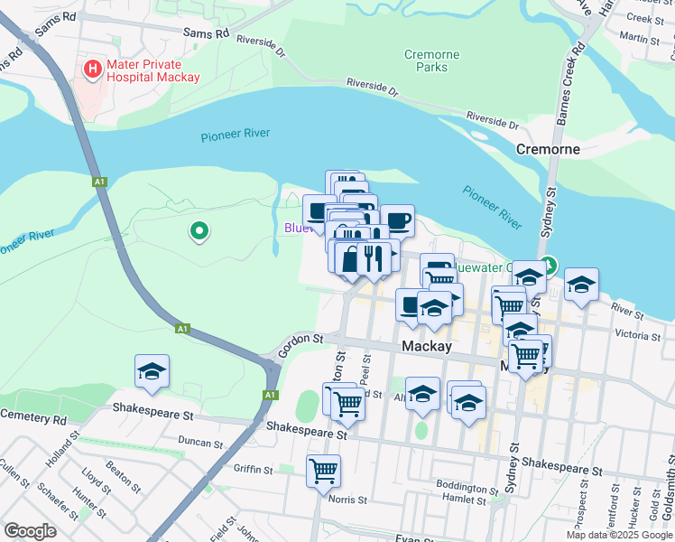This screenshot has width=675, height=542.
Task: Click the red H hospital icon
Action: pyautogui.click(x=92, y=68)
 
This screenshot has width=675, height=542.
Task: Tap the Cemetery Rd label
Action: pyautogui.click(x=33, y=419)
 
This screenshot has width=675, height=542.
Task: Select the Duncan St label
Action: pyautogui.click(x=199, y=444)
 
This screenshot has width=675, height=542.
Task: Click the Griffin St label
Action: pyautogui.click(x=252, y=469)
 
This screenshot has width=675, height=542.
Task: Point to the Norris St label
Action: pyautogui.click(x=348, y=499)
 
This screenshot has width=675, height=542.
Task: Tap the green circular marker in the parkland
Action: pyautogui.click(x=199, y=232)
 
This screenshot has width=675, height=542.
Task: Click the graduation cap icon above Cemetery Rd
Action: pyautogui.click(x=153, y=371)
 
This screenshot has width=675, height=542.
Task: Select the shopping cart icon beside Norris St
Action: pyautogui.click(x=323, y=470)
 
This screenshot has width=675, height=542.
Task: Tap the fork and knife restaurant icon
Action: pyautogui.click(x=372, y=257)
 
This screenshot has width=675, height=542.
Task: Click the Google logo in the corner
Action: pyautogui.click(x=30, y=531)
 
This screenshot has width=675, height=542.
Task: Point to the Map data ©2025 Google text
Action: pyautogui.click(x=619, y=535)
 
